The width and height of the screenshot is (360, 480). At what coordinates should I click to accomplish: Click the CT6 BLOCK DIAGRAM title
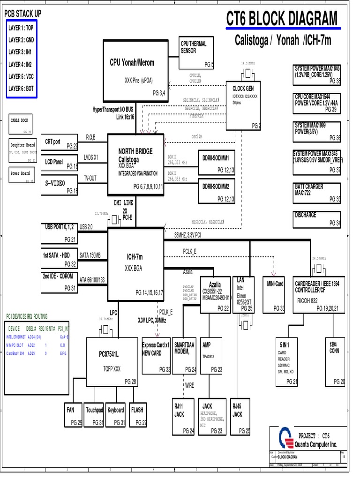(x=281, y=19)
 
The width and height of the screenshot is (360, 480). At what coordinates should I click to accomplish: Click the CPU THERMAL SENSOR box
(x=196, y=54)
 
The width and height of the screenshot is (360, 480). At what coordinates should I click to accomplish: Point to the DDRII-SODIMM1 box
(x=216, y=162)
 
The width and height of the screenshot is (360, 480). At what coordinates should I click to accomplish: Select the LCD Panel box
(x=60, y=162)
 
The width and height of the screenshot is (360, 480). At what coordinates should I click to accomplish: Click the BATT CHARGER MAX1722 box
(x=317, y=193)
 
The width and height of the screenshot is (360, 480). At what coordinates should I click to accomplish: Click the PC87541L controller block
(x=112, y=362)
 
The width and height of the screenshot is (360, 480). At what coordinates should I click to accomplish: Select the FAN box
(x=73, y=415)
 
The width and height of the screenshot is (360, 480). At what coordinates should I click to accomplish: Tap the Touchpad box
(x=94, y=415)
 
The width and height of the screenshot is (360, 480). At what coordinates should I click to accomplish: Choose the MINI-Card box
(x=275, y=294)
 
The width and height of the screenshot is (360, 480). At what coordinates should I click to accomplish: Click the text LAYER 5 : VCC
(x=21, y=76)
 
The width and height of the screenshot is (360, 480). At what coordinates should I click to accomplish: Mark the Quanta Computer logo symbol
(x=285, y=439)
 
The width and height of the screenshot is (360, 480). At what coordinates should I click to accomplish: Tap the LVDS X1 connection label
(x=91, y=157)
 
